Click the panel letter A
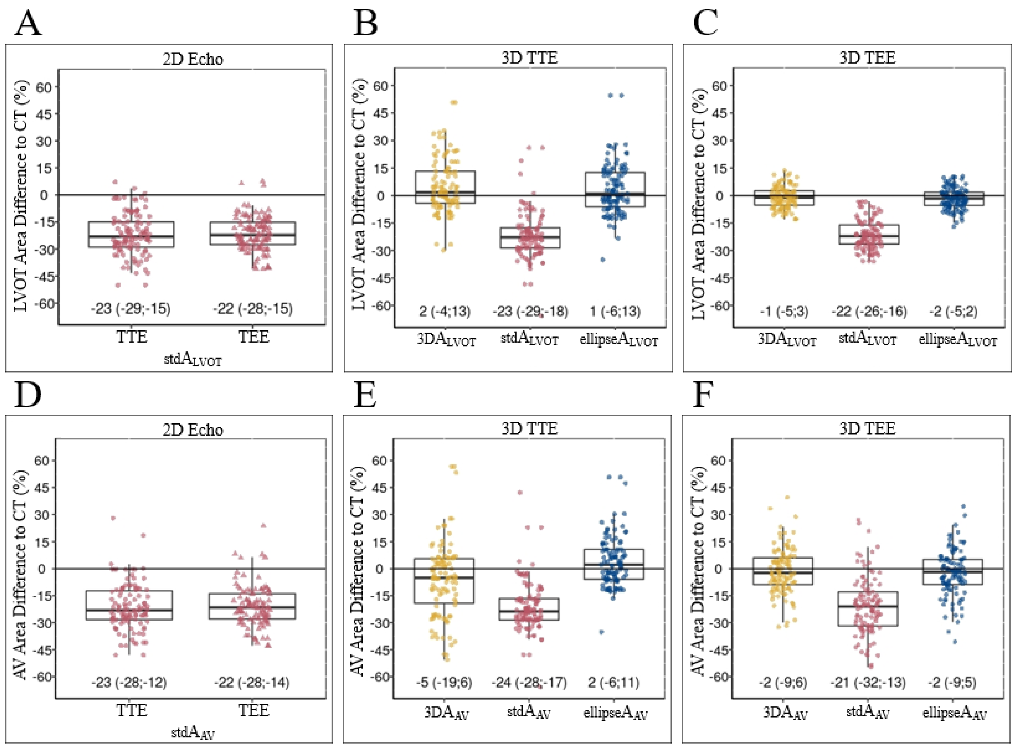28,24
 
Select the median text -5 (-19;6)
444,682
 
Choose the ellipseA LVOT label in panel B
619,340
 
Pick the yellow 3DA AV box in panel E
444,581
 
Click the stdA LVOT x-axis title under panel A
193,360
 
